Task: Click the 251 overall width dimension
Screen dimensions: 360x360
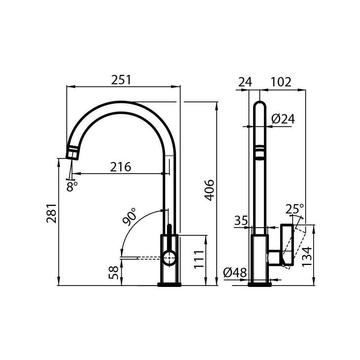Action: point(121,80)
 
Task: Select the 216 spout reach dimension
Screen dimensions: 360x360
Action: point(121,167)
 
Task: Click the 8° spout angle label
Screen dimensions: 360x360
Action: point(72,186)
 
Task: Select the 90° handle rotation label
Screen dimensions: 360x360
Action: point(129,216)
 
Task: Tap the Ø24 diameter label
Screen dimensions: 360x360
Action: point(283,119)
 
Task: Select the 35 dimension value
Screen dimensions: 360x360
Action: point(241,220)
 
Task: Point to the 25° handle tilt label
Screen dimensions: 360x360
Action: point(294,208)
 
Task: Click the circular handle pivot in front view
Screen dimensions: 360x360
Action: point(169,258)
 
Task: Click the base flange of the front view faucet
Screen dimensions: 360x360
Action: point(169,285)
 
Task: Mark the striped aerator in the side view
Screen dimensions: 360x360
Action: point(259,152)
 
